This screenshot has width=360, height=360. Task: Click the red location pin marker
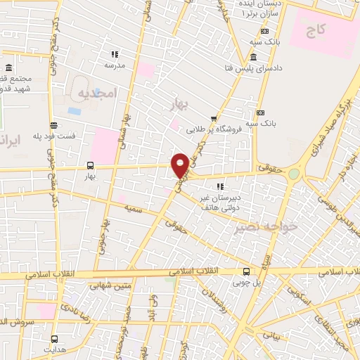pyautogui.click(x=180, y=165)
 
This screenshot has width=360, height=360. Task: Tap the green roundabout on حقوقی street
pyautogui.click(x=294, y=174)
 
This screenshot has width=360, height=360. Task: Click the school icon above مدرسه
pyautogui.click(x=115, y=54)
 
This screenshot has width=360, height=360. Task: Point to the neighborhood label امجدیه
pyautogui.click(x=95, y=94)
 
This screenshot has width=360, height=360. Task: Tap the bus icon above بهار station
pyautogui.click(x=90, y=165)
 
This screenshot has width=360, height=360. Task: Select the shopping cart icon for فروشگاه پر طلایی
pyautogui.click(x=213, y=119)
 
